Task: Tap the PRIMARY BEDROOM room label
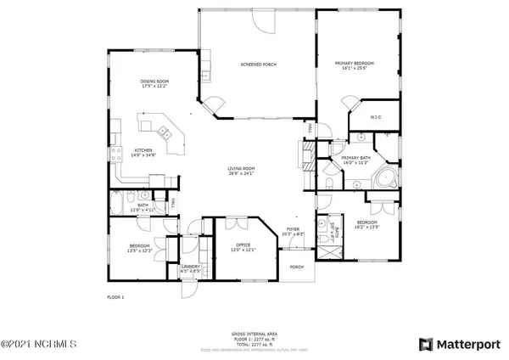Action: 356,65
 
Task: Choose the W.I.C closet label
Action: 376,118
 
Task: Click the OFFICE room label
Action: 243,247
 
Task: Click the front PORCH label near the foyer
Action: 297,267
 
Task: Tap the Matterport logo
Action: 463,344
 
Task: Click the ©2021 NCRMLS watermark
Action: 39,345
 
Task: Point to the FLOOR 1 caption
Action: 115,298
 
